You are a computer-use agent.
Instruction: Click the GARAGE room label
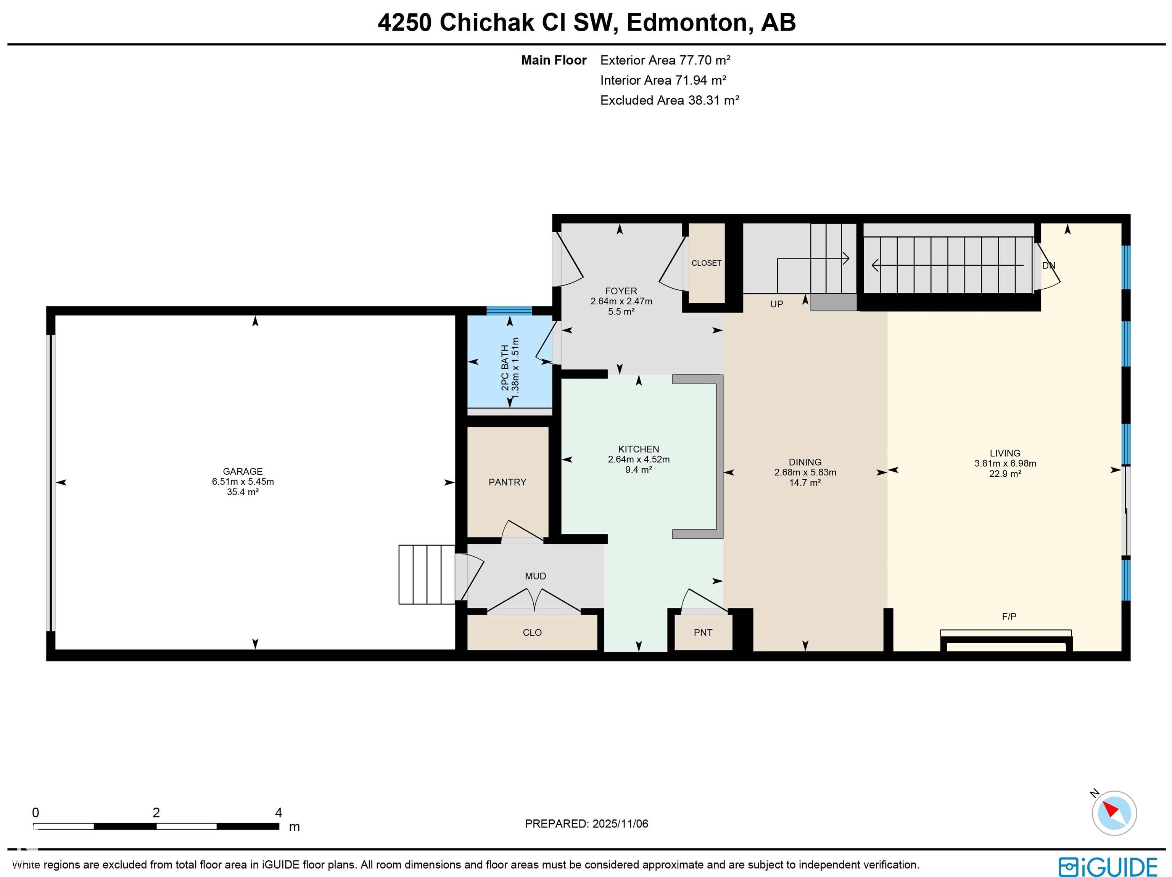(x=242, y=471)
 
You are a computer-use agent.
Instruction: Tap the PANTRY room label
(x=507, y=482)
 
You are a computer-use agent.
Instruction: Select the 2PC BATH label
(x=505, y=368)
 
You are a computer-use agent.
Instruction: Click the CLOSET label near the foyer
(x=706, y=263)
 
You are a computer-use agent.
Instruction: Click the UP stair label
(x=776, y=304)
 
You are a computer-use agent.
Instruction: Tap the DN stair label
(x=1048, y=266)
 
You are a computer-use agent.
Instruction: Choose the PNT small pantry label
(x=703, y=632)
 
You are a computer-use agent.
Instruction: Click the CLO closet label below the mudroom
(x=532, y=632)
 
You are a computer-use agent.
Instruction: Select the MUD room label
(x=535, y=576)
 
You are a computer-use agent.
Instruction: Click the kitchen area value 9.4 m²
(x=638, y=470)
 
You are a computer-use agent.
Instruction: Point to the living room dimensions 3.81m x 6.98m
(x=1005, y=463)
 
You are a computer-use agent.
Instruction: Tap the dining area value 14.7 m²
(x=805, y=482)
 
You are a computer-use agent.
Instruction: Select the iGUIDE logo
(x=1108, y=867)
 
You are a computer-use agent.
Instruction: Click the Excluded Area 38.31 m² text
(x=669, y=100)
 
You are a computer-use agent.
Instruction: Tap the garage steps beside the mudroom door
(x=427, y=575)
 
